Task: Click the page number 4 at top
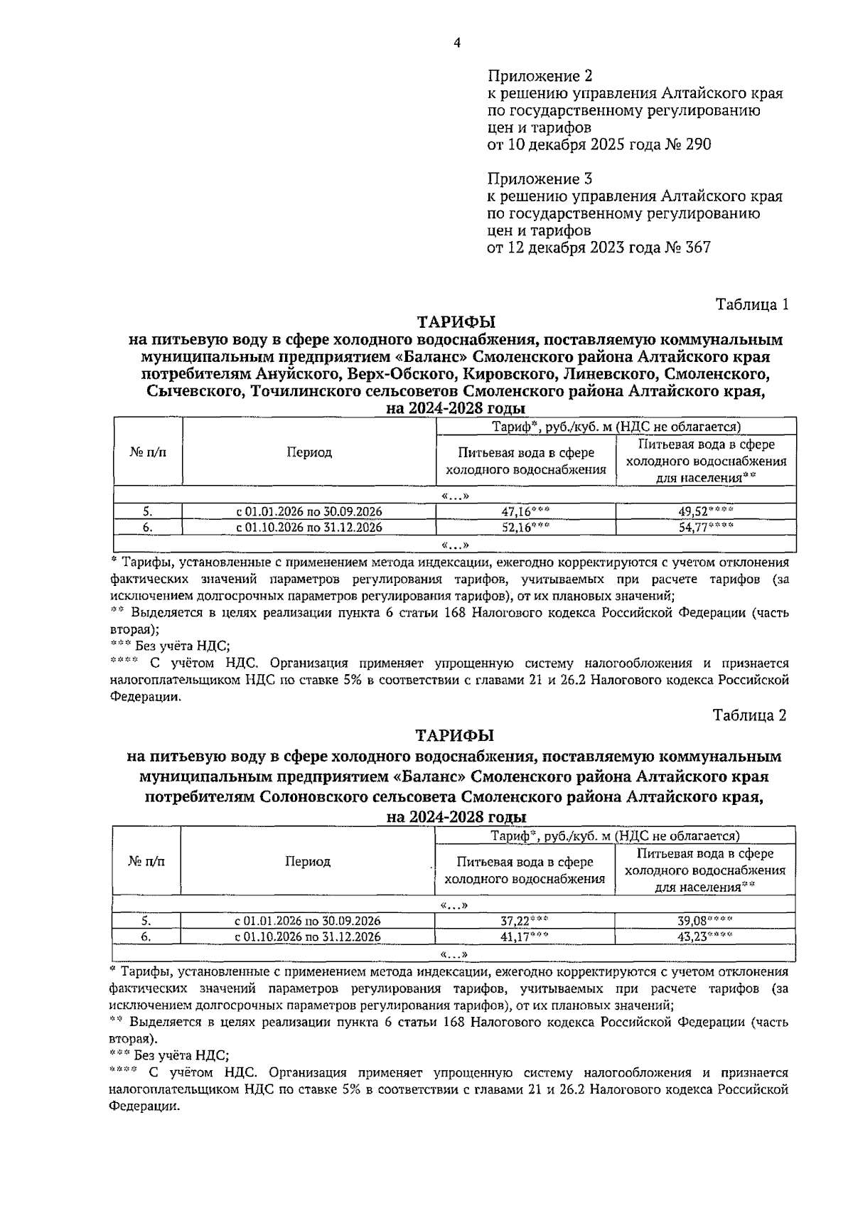[x=457, y=43]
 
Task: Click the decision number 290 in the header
[x=696, y=144]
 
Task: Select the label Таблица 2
[x=750, y=715]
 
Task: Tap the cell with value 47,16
[x=525, y=511]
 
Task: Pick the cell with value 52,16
[x=525, y=528]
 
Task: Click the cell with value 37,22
[x=524, y=920]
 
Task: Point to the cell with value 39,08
[x=704, y=920]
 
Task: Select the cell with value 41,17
[x=524, y=936]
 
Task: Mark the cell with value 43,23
[x=704, y=936]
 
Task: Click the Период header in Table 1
[x=309, y=453]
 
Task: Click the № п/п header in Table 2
[x=146, y=861]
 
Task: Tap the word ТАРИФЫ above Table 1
[x=455, y=322]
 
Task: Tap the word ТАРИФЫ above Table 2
[x=455, y=734]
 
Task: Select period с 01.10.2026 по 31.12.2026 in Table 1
[x=309, y=528]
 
